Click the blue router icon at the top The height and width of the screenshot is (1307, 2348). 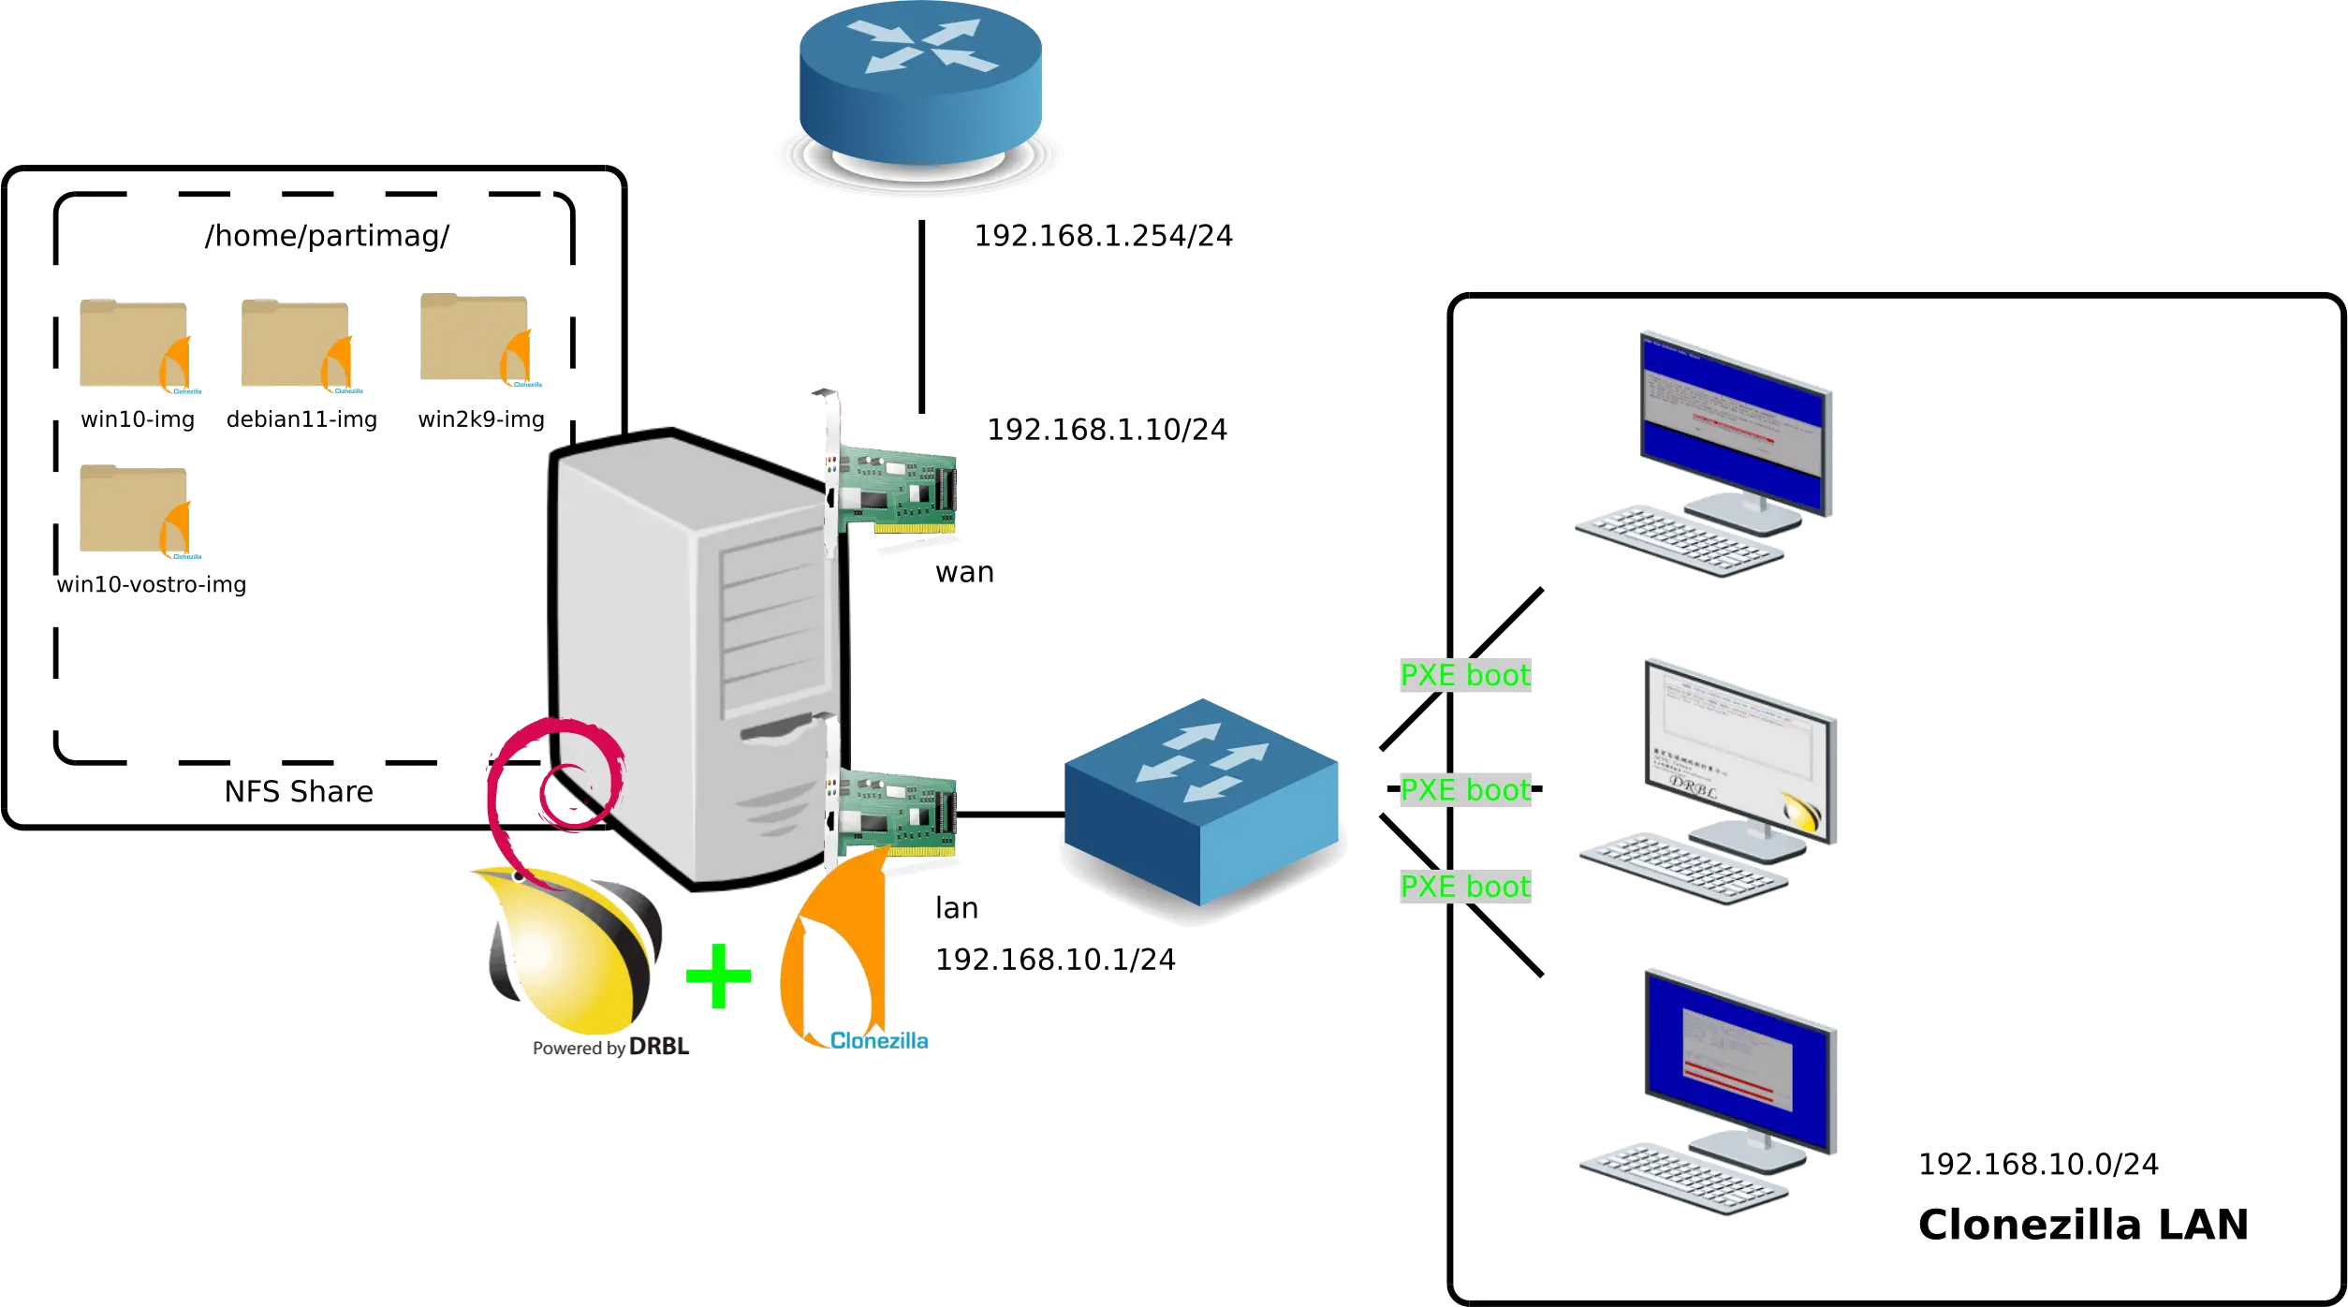tap(920, 89)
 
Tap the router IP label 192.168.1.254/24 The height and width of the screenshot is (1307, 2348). tap(1104, 235)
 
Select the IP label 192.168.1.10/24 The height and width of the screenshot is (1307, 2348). tap(1107, 430)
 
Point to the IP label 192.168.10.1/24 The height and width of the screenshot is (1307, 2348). tap(1055, 960)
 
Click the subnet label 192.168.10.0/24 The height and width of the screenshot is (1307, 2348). tap(2039, 1164)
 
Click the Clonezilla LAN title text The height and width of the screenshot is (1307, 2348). tap(2081, 1225)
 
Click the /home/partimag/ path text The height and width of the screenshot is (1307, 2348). tap(327, 236)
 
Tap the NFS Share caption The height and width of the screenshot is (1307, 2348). tap(299, 792)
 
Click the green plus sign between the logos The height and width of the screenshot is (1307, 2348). tap(717, 977)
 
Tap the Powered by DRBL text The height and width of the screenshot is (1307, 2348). tap(610, 1048)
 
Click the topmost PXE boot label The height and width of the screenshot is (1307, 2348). tap(1464, 675)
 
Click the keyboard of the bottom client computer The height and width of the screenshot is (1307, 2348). tap(1682, 1178)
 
